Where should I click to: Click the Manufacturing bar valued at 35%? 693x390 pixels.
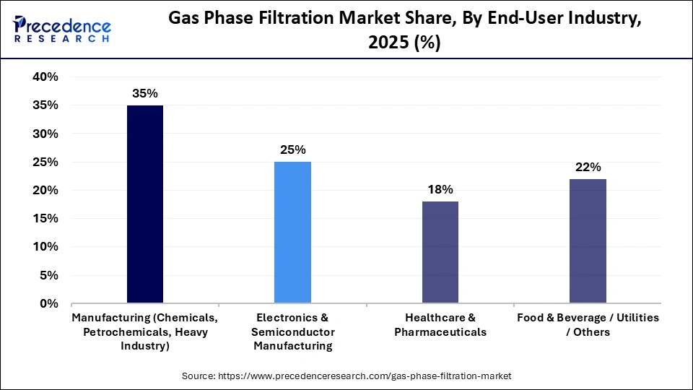click(x=145, y=204)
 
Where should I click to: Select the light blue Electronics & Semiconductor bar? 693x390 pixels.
click(x=292, y=232)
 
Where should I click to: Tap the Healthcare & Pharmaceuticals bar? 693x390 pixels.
click(x=440, y=251)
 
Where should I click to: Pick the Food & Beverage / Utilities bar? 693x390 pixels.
click(x=588, y=240)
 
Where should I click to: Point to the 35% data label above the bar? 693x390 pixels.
click(x=145, y=94)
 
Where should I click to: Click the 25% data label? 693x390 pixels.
click(x=292, y=150)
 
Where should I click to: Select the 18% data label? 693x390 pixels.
click(x=440, y=190)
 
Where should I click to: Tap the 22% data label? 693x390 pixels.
click(x=588, y=168)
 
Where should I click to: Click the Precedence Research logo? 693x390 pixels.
click(x=62, y=30)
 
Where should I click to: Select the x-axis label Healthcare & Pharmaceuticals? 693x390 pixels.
click(x=440, y=325)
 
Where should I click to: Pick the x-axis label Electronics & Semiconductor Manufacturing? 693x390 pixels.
click(x=292, y=331)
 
